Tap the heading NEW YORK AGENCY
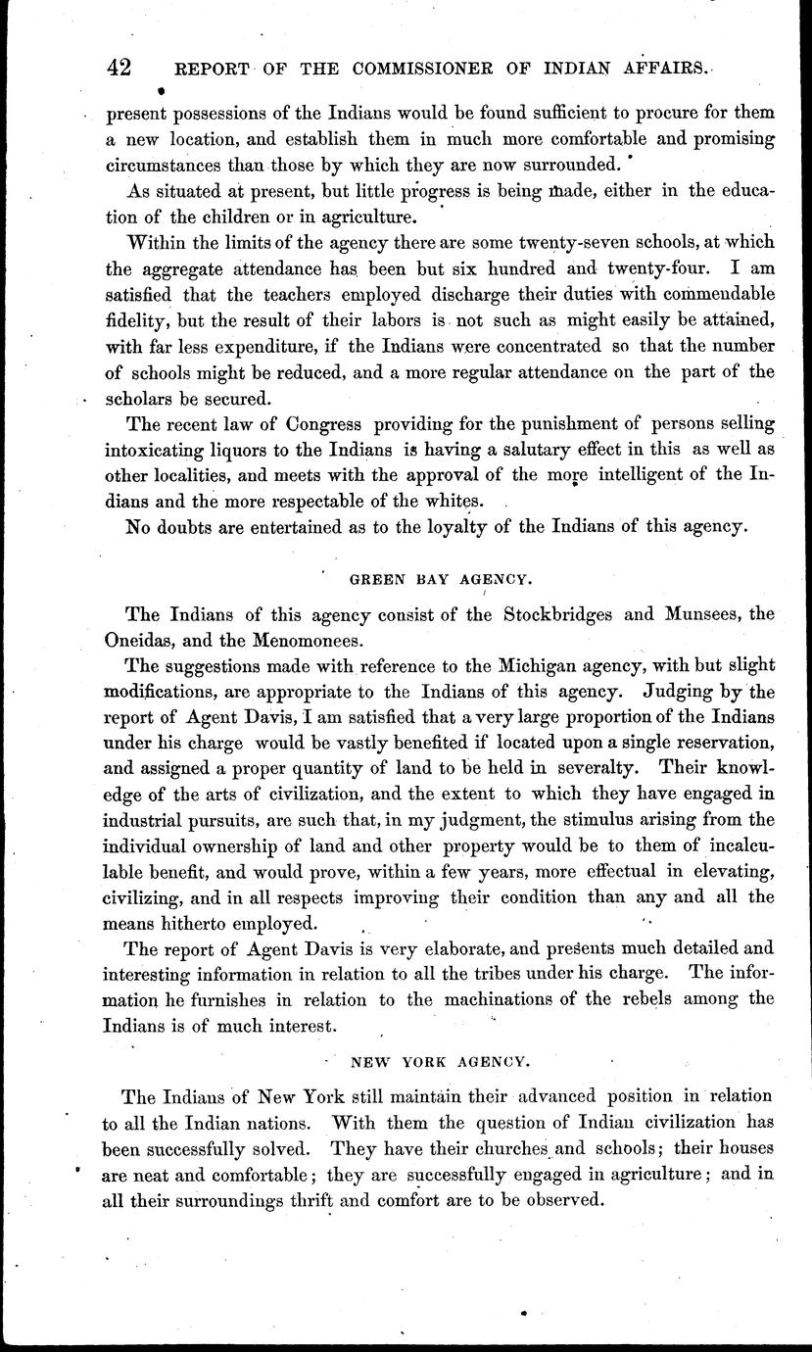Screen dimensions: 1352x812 pyautogui.click(x=441, y=1060)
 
